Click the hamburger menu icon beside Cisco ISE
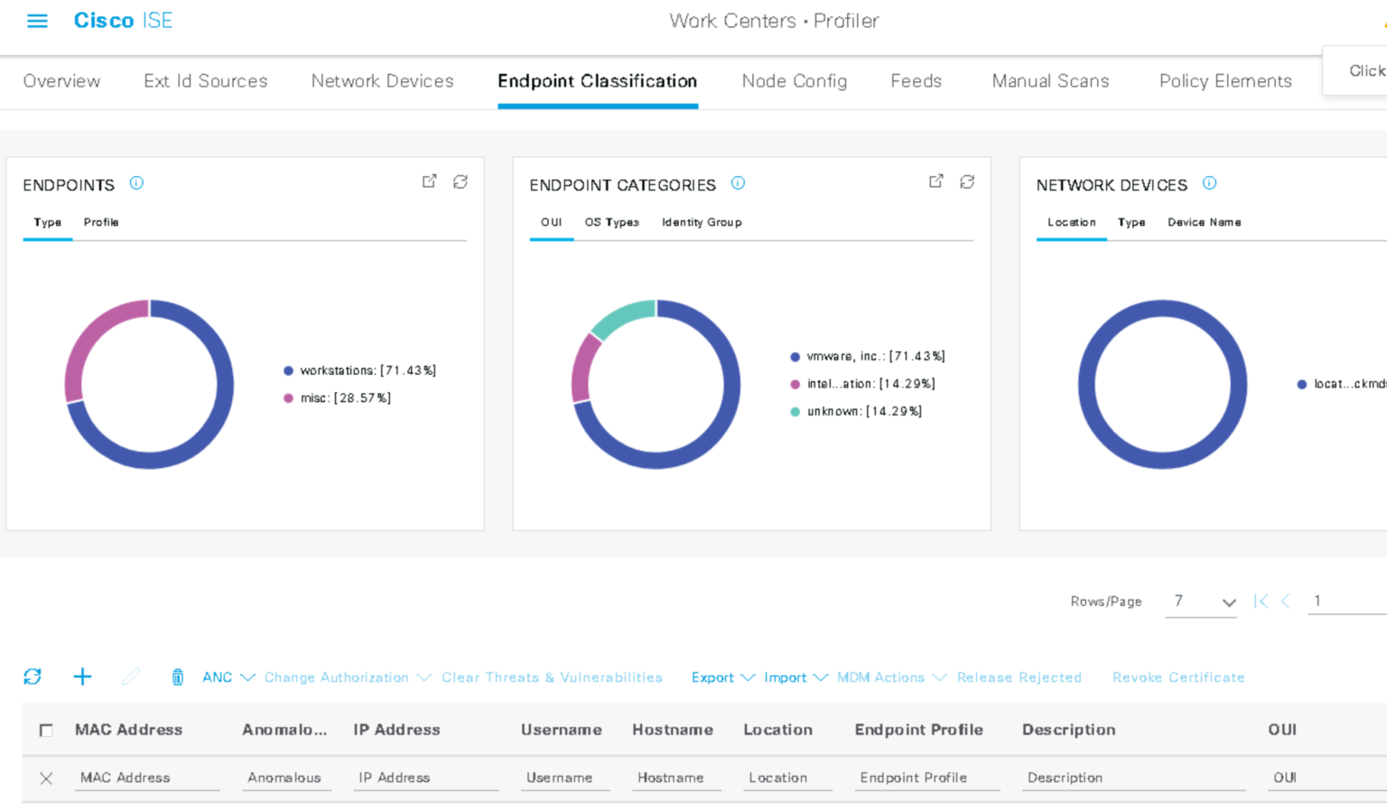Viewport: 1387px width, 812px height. [x=37, y=21]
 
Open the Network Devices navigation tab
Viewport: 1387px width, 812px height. [x=382, y=81]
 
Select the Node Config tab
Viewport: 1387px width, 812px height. [x=794, y=81]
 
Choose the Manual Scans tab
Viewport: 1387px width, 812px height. [x=1050, y=81]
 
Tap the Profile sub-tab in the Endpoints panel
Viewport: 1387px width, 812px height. [x=101, y=222]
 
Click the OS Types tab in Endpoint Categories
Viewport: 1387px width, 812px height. [x=611, y=222]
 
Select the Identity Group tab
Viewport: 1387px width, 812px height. [x=702, y=222]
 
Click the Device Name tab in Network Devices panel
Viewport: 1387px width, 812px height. [x=1204, y=222]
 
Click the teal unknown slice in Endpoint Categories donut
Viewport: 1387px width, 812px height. [x=622, y=317]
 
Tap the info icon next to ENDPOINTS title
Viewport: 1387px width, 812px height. [x=136, y=183]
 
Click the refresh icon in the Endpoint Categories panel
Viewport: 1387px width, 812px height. [x=967, y=182]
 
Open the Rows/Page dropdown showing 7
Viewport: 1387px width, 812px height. [x=1201, y=602]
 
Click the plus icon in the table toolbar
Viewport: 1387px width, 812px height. [x=82, y=677]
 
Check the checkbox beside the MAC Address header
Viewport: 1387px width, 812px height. [x=46, y=730]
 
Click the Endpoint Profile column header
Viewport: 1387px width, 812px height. [x=918, y=730]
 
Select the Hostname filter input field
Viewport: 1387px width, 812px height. [x=675, y=778]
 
